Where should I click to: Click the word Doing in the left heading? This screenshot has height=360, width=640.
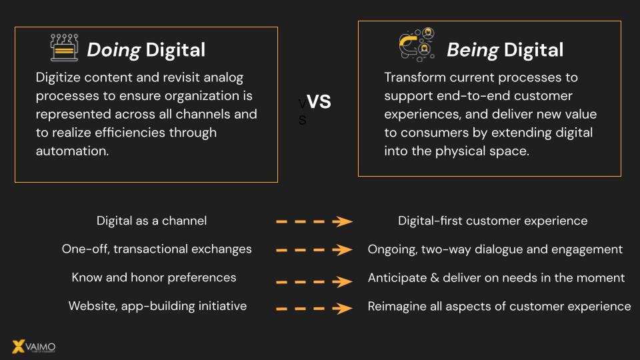click(x=114, y=50)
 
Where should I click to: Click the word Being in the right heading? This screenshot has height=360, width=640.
click(x=473, y=50)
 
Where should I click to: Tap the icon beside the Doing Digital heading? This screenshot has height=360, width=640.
click(x=64, y=47)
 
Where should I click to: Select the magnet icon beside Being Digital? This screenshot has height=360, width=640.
click(x=417, y=45)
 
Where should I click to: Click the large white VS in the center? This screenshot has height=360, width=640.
click(x=319, y=101)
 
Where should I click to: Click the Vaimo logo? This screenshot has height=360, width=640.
click(x=34, y=347)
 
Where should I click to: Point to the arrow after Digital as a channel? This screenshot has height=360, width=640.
click(x=314, y=221)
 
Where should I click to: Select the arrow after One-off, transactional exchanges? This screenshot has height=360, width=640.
click(x=314, y=250)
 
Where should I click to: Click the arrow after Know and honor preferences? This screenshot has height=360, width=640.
click(x=314, y=281)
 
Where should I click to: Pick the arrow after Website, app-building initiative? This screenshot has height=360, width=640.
click(x=314, y=309)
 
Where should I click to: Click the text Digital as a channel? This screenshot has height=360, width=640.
click(x=151, y=221)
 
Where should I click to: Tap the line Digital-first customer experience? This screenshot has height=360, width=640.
click(x=493, y=221)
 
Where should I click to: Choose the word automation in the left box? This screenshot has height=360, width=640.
click(x=72, y=151)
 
